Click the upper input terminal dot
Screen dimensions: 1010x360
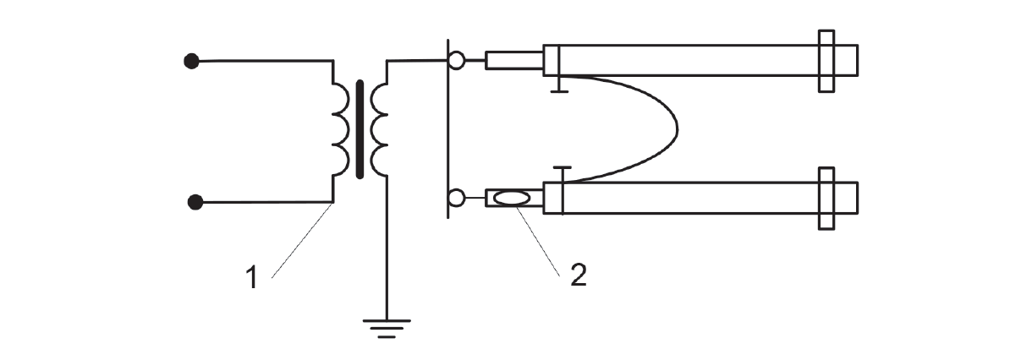(x=191, y=61)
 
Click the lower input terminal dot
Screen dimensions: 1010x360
(x=195, y=202)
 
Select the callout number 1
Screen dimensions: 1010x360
(x=252, y=278)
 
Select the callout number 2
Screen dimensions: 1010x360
(x=578, y=275)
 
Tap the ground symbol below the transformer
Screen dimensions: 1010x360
(x=387, y=328)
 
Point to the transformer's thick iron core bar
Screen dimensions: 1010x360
(x=360, y=128)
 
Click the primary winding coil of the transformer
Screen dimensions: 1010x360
(x=341, y=128)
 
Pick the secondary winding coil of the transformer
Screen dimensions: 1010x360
(x=379, y=128)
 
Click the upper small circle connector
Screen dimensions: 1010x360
(x=456, y=61)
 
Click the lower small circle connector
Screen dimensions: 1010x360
(x=456, y=198)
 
